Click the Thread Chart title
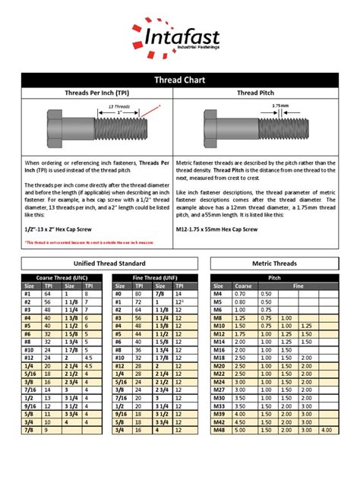click(179, 79)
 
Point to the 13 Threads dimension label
click(121, 106)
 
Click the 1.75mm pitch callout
click(282, 106)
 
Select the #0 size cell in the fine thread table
click(120, 293)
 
